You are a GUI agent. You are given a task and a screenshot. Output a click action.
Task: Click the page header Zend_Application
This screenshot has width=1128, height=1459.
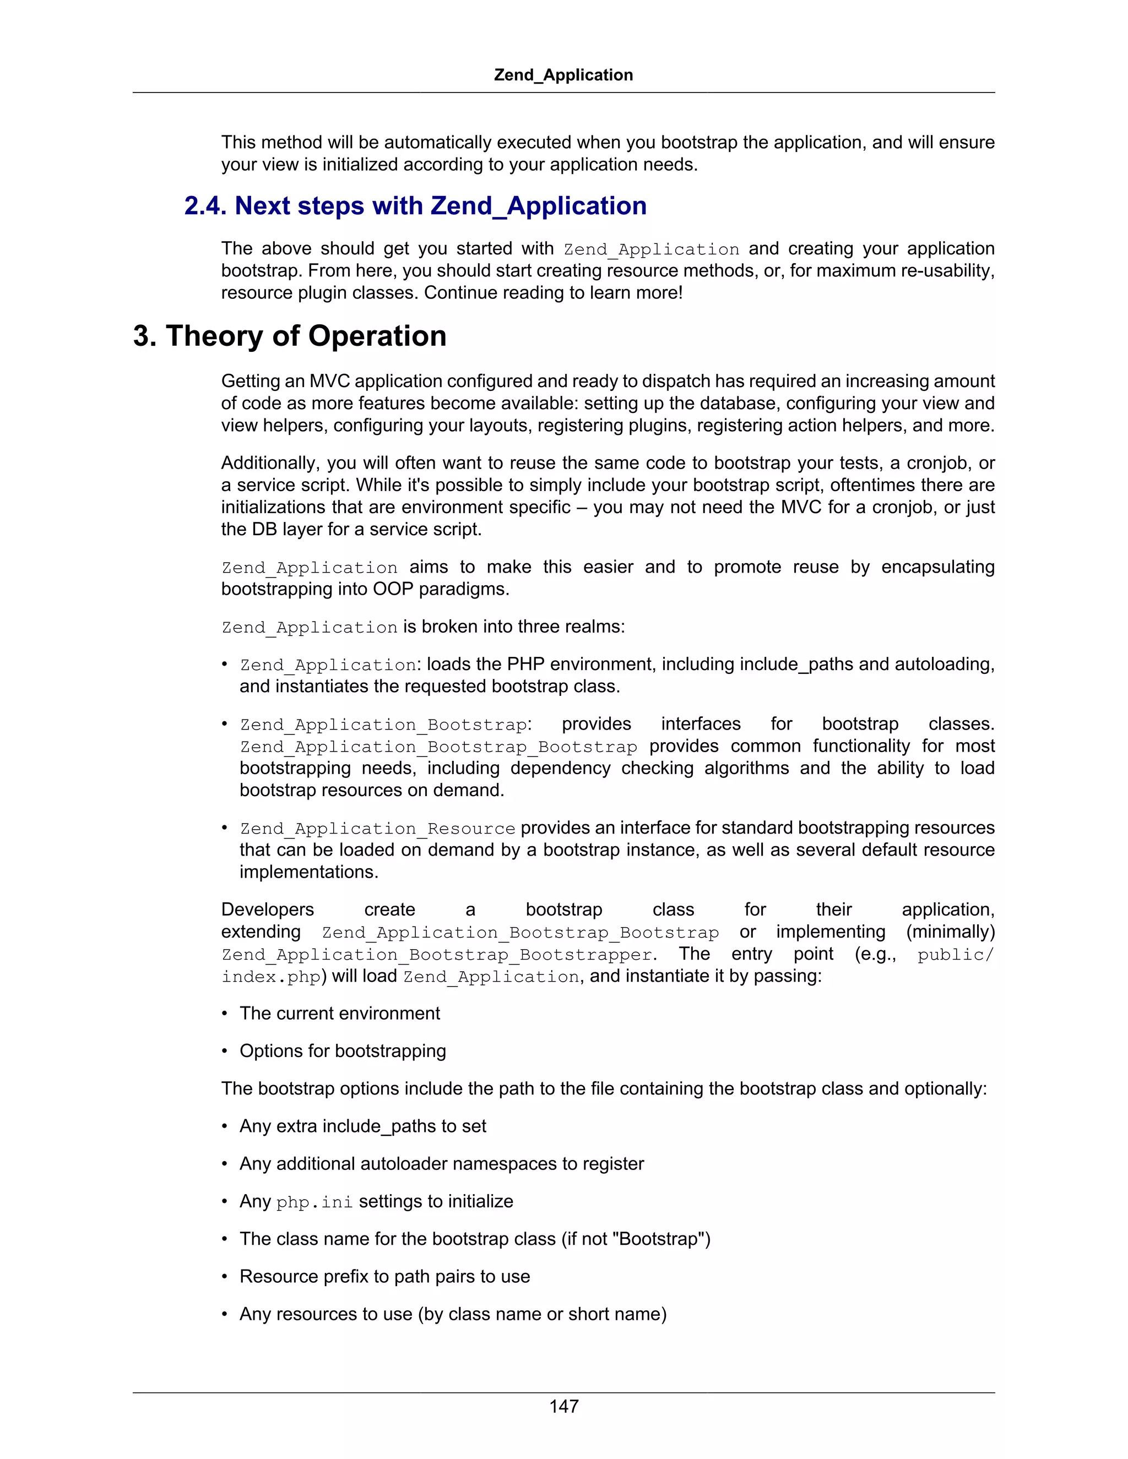coord(563,75)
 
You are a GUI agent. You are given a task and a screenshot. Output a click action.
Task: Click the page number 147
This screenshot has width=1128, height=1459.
coord(563,1406)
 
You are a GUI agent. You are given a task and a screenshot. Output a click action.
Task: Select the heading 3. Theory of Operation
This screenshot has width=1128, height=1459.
coord(289,335)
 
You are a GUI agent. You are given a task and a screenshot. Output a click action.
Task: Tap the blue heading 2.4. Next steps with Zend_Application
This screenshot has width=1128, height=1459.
coord(415,206)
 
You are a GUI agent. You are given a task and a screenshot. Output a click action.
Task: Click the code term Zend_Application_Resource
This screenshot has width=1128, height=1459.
coord(377,829)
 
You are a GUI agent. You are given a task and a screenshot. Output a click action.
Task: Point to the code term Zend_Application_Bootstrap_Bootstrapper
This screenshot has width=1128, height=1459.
coord(437,955)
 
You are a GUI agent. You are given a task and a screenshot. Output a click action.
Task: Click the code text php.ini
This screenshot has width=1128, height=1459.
coord(314,1202)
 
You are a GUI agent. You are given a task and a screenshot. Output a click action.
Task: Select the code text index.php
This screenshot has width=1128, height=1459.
coord(272,977)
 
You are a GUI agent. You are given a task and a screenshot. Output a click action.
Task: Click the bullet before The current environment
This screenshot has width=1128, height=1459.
coord(225,1014)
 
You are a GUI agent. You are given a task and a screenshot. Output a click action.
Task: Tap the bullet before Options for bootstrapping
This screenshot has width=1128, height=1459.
coord(225,1052)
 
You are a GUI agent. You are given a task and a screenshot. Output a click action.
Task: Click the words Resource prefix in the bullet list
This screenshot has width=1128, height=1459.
coord(303,1277)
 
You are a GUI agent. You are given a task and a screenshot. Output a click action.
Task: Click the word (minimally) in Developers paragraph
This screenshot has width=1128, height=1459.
coord(950,932)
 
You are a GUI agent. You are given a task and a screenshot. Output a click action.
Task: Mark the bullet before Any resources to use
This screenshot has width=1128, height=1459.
coord(225,1314)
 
